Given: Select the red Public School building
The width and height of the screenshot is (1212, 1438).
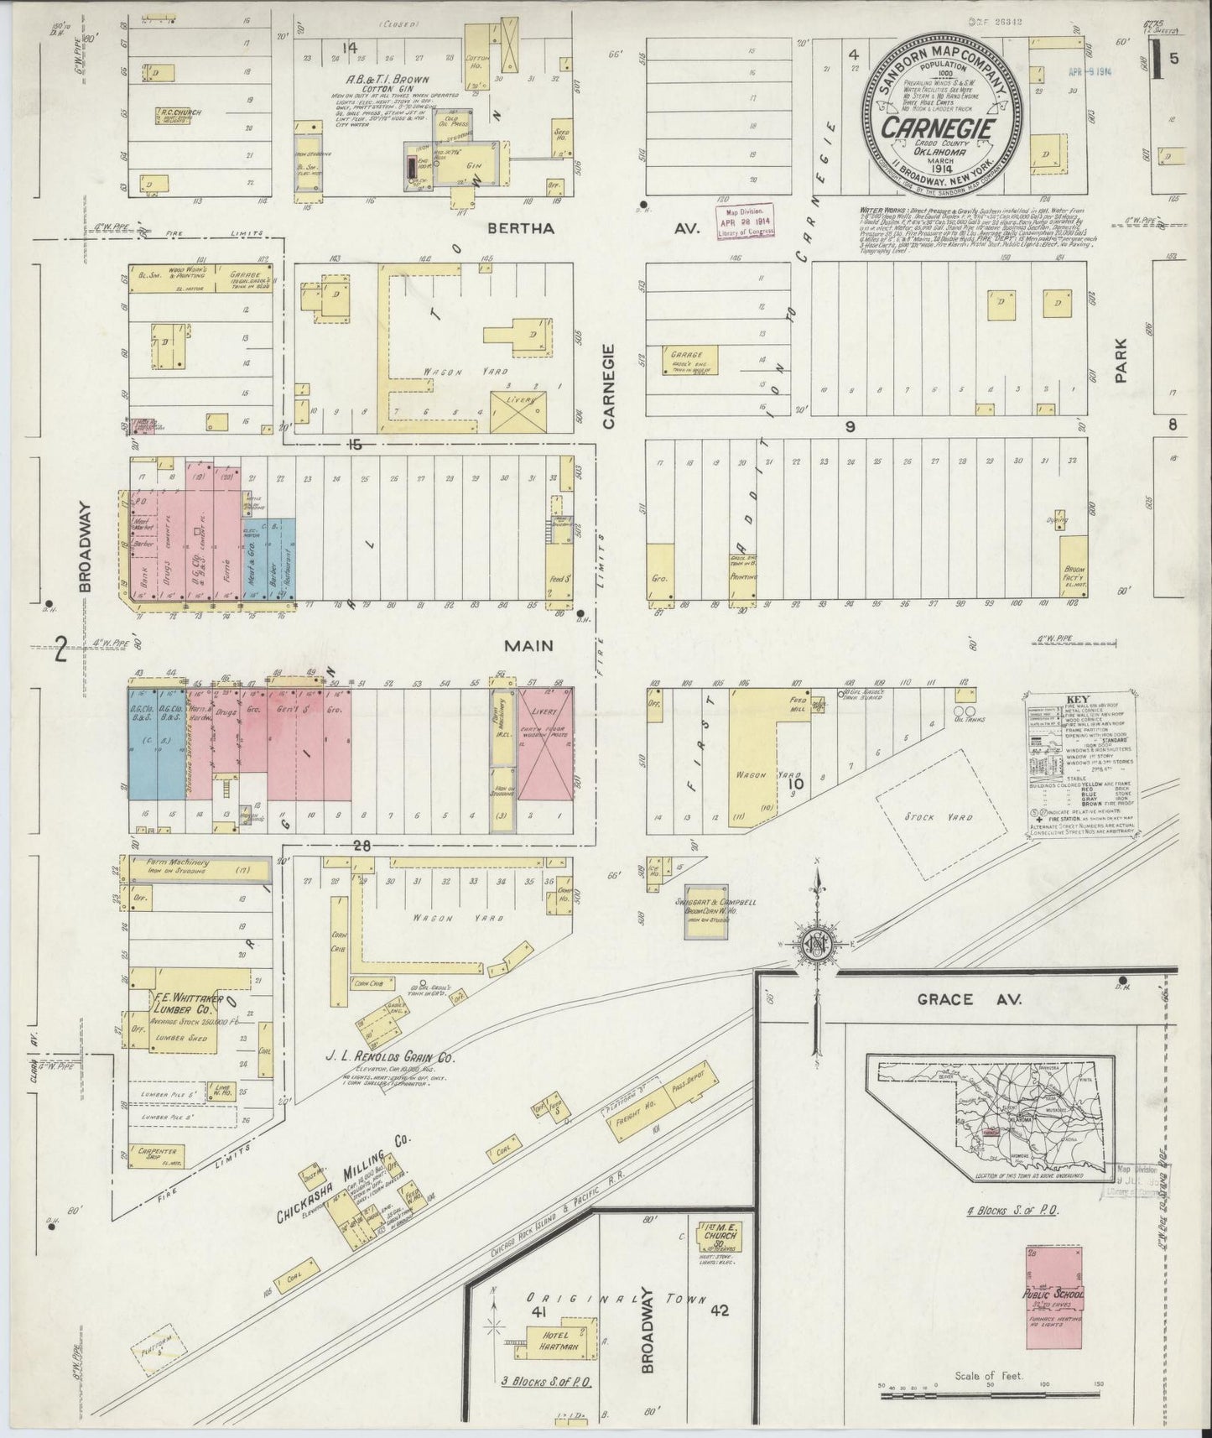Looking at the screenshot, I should point(1054,1298).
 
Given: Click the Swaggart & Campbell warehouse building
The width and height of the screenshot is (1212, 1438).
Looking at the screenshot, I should point(705,913).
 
